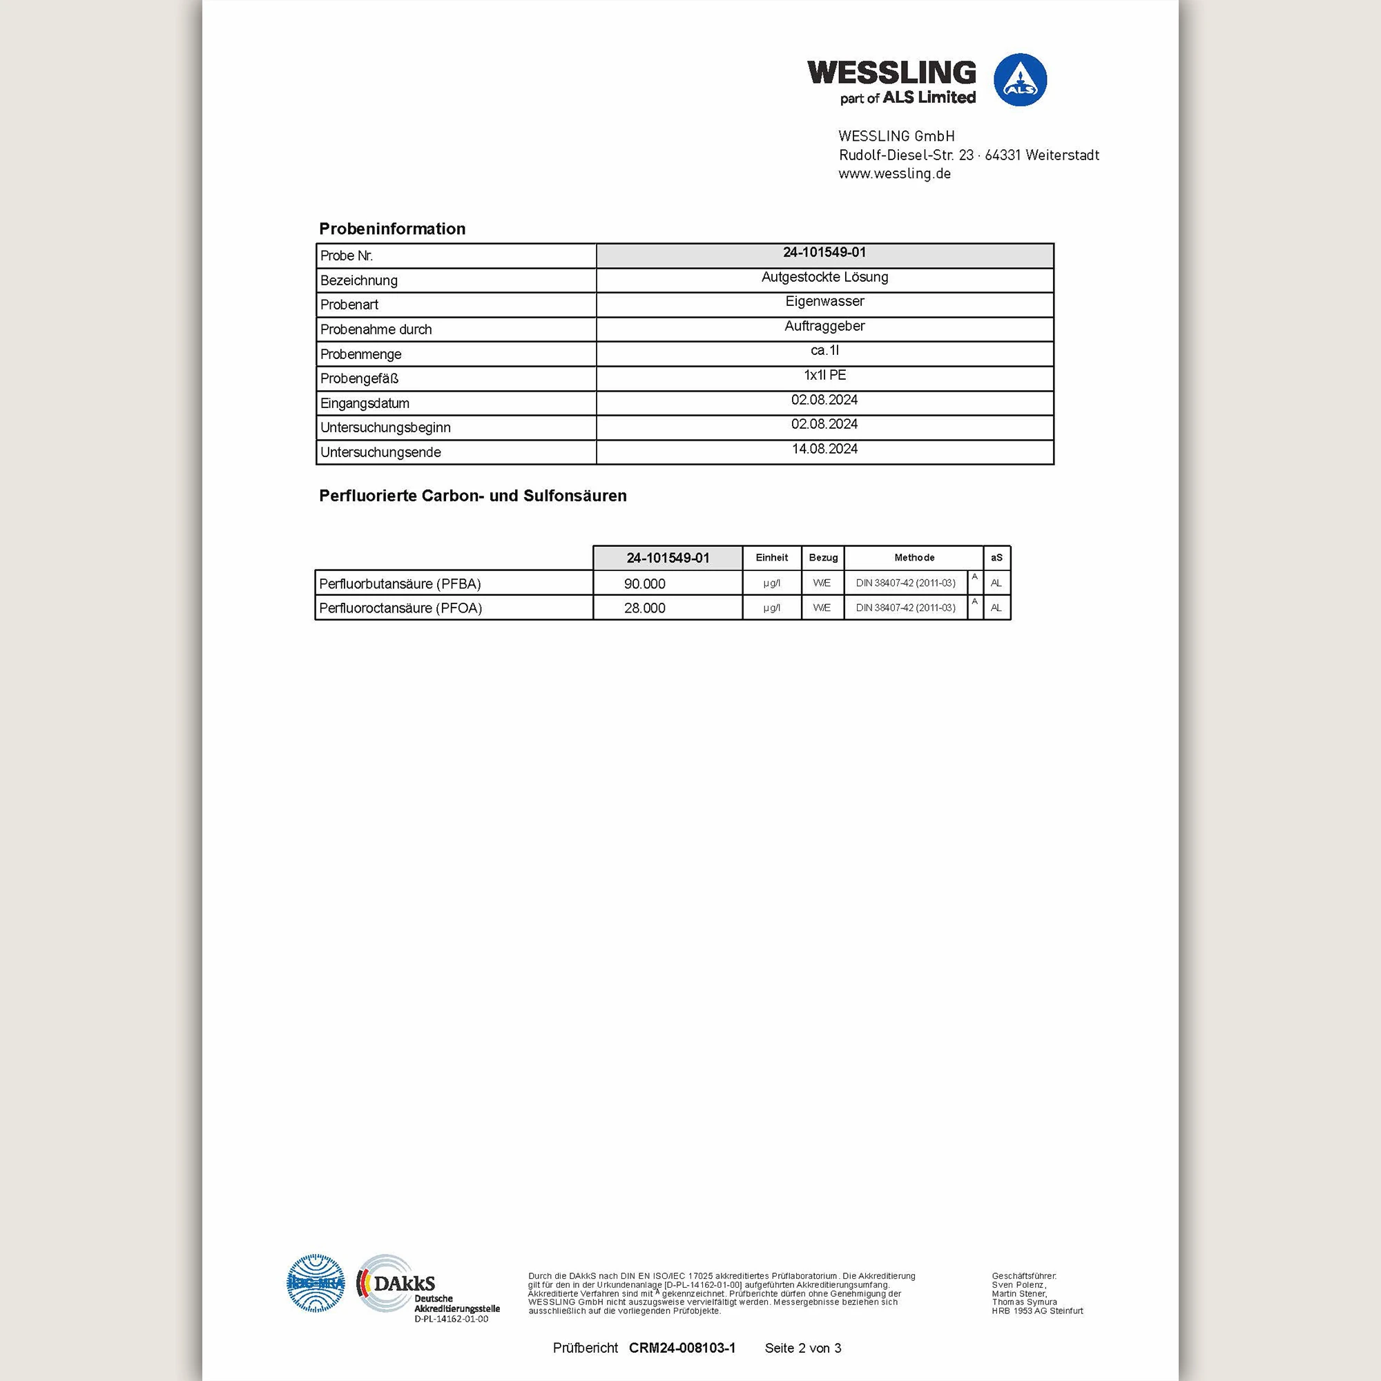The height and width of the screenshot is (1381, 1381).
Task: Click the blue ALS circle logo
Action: pos(1020,80)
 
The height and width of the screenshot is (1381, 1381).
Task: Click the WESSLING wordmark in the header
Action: pos(891,73)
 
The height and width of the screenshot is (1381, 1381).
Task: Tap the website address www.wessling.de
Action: pos(894,174)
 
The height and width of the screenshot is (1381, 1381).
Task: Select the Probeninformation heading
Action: pos(392,229)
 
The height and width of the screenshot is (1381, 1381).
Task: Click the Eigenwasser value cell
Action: pos(824,302)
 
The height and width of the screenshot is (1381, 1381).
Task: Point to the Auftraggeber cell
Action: pos(824,326)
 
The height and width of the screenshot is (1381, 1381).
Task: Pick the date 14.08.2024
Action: pos(824,449)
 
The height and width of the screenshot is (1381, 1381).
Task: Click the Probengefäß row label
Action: pos(359,379)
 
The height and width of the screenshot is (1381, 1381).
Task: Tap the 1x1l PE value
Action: pos(824,375)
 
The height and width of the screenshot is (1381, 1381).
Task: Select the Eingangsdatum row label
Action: pos(365,403)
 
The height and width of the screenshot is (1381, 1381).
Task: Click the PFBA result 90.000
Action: pos(644,584)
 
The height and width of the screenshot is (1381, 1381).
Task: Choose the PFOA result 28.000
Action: pos(644,608)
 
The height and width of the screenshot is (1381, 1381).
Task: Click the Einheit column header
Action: pos(771,557)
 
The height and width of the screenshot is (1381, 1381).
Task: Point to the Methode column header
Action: pos(914,557)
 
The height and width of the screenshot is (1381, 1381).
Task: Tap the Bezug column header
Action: pos(823,557)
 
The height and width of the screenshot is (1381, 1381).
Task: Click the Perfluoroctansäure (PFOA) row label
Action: pos(400,608)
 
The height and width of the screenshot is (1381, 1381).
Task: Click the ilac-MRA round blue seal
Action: pos(316,1284)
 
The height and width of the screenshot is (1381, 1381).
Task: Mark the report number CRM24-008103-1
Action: pos(682,1348)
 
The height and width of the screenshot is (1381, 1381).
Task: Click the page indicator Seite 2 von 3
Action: pos(803,1348)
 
